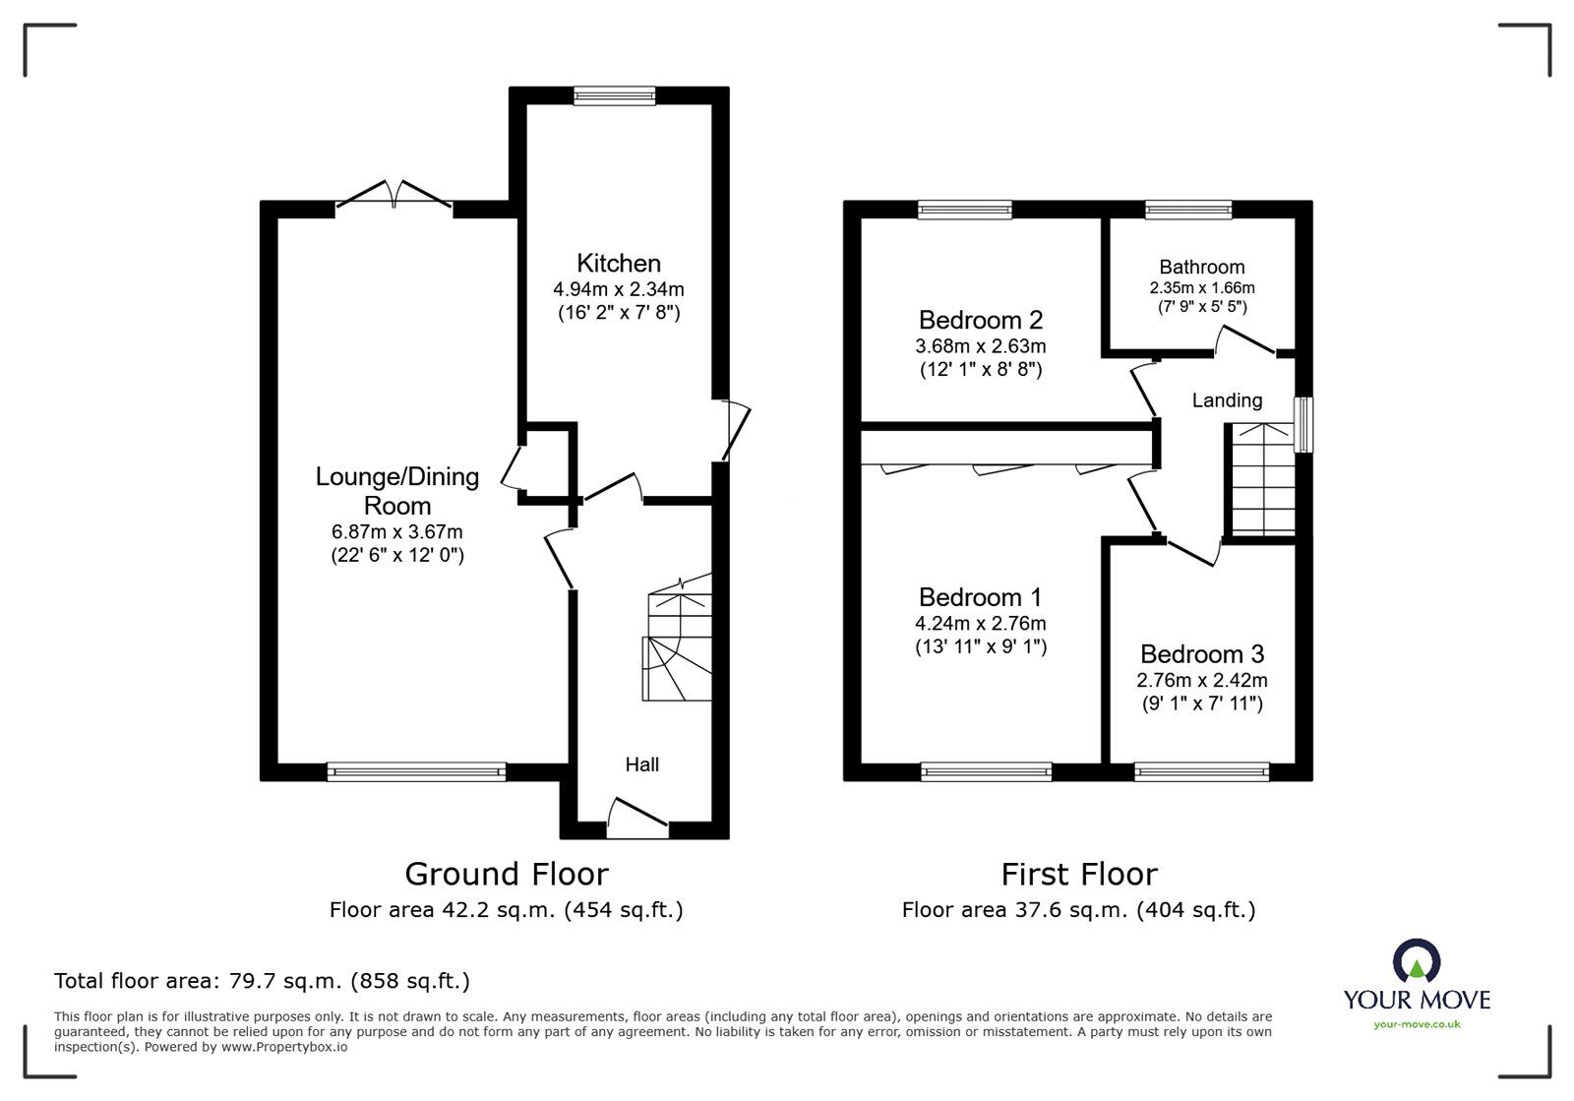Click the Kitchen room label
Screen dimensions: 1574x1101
[619, 264]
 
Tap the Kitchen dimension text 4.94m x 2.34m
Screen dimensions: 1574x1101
[619, 288]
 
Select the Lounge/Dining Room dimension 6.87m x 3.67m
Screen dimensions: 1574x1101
[397, 532]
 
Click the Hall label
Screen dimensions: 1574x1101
[642, 765]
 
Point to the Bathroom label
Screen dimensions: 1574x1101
[1201, 267]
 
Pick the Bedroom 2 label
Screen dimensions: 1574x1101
[980, 320]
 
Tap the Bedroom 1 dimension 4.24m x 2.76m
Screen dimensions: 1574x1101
[980, 623]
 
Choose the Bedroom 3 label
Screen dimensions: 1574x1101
[1201, 654]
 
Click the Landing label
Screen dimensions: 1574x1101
[1227, 400]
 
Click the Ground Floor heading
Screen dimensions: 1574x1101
[506, 875]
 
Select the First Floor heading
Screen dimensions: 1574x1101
[1078, 875]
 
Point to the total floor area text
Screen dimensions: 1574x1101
[262, 980]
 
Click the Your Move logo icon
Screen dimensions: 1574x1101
[1417, 960]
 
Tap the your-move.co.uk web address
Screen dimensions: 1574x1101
[1417, 1024]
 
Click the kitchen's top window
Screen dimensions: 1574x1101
[614, 95]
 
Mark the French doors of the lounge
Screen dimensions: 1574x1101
[393, 195]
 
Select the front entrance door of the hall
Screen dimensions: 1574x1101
[637, 818]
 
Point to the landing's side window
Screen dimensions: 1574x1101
[1303, 425]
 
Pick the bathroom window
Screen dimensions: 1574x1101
[1188, 210]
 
